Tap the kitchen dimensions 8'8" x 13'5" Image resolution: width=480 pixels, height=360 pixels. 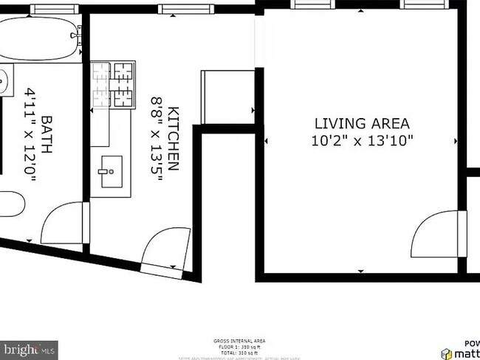pyautogui.click(x=157, y=139)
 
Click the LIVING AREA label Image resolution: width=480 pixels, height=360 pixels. pyautogui.click(x=362, y=123)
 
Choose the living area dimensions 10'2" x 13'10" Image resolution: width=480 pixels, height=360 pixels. pyautogui.click(x=362, y=140)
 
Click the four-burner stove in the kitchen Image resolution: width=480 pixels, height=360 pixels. pyautogui.click(x=114, y=85)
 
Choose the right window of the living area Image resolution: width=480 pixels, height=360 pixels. pyautogui.click(x=421, y=4)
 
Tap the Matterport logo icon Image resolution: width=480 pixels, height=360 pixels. pyautogui.click(x=448, y=353)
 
